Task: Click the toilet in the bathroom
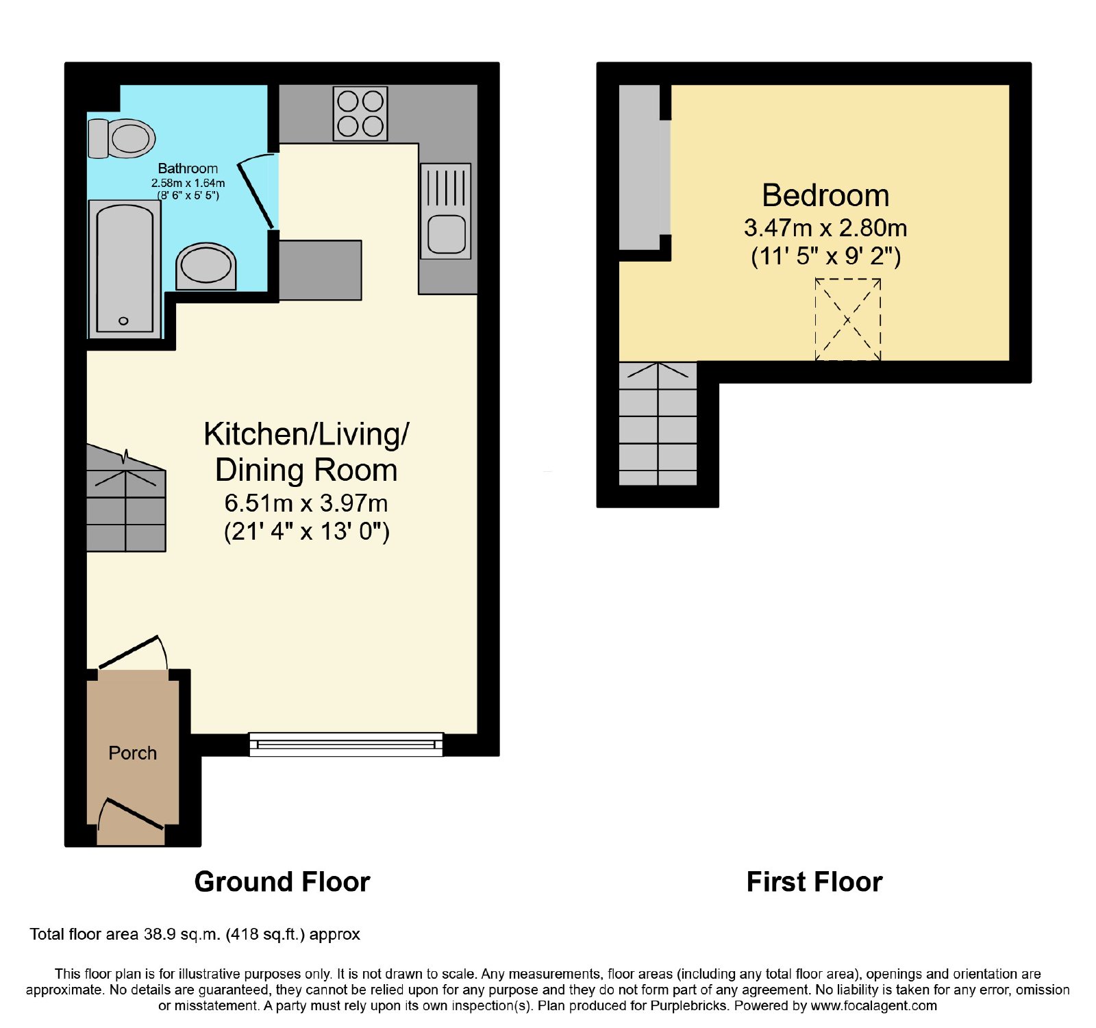click(x=122, y=138)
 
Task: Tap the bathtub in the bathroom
click(x=125, y=269)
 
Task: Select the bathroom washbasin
click(x=206, y=266)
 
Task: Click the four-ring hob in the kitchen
click(x=360, y=114)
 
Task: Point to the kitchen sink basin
click(x=446, y=233)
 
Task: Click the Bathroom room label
click(x=188, y=168)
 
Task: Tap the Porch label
click(x=133, y=753)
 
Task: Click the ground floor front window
click(x=346, y=744)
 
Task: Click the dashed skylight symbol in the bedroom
click(x=848, y=319)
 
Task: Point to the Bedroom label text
click(x=825, y=196)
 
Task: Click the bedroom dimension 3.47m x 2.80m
click(x=825, y=228)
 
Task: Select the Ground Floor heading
click(x=282, y=882)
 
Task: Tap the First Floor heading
click(x=814, y=882)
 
